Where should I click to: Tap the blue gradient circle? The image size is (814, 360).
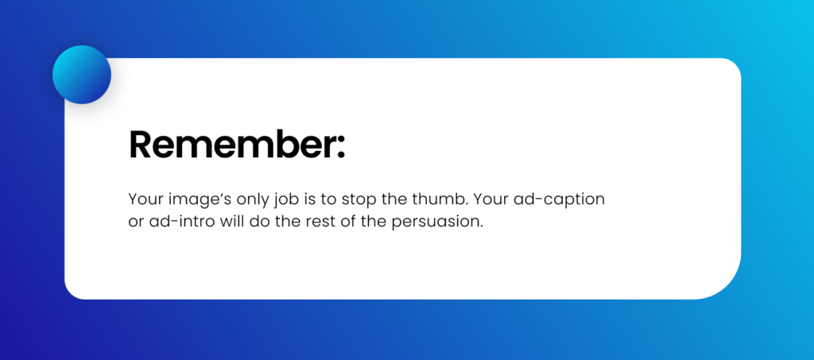(81, 75)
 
